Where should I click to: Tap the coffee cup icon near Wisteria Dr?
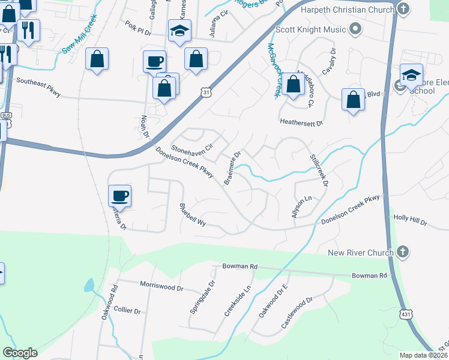point(120,196)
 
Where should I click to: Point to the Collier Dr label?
point(127,311)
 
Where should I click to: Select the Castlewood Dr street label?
point(297,313)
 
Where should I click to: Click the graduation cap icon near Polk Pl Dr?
point(179,31)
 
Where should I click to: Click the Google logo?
point(20,353)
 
